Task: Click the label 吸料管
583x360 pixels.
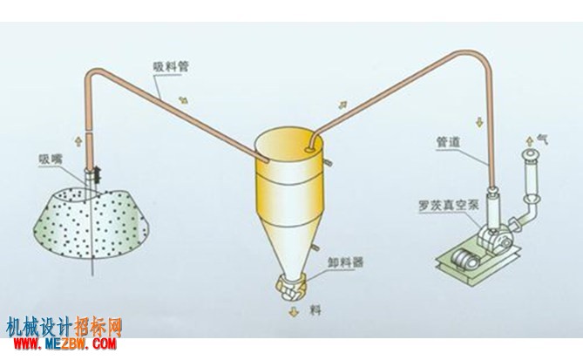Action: tap(171, 66)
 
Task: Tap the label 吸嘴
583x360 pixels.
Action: tap(51, 160)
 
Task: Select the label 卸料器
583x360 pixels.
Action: tap(345, 262)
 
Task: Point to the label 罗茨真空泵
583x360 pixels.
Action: tap(449, 205)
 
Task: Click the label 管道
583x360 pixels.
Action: tap(449, 142)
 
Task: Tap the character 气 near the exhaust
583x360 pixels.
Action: tap(542, 139)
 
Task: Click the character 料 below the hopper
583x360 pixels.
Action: tap(315, 310)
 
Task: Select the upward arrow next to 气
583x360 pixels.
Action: tap(529, 141)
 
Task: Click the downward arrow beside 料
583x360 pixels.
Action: tap(294, 312)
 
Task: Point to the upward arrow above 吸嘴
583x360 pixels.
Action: tap(78, 141)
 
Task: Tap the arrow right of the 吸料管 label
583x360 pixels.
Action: tap(183, 100)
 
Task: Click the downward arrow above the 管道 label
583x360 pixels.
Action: tap(479, 122)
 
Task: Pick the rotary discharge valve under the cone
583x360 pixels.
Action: tap(291, 287)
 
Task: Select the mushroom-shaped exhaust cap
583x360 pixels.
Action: tap(531, 155)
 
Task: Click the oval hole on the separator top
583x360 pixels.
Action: tap(308, 150)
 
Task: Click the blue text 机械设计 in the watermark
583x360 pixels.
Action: tap(39, 327)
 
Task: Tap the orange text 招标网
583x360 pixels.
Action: tap(98, 327)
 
